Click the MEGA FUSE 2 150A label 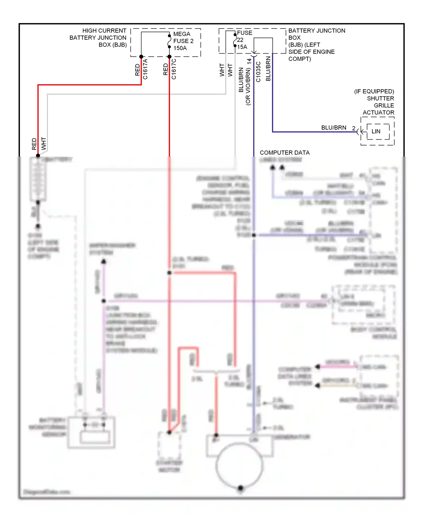tap(183, 41)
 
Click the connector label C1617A tap(145, 69)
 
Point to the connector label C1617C tap(174, 69)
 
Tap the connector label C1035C tap(258, 72)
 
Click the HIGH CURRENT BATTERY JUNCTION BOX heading tap(98, 38)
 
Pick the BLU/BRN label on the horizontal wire tap(334, 127)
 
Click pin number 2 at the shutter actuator tap(354, 128)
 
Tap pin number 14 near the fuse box tap(249, 61)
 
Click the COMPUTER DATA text tap(284, 153)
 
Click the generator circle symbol tap(239, 465)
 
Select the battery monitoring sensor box tap(91, 432)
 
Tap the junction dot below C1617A tap(141, 57)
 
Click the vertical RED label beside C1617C tap(166, 69)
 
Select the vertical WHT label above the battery tap(44, 143)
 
